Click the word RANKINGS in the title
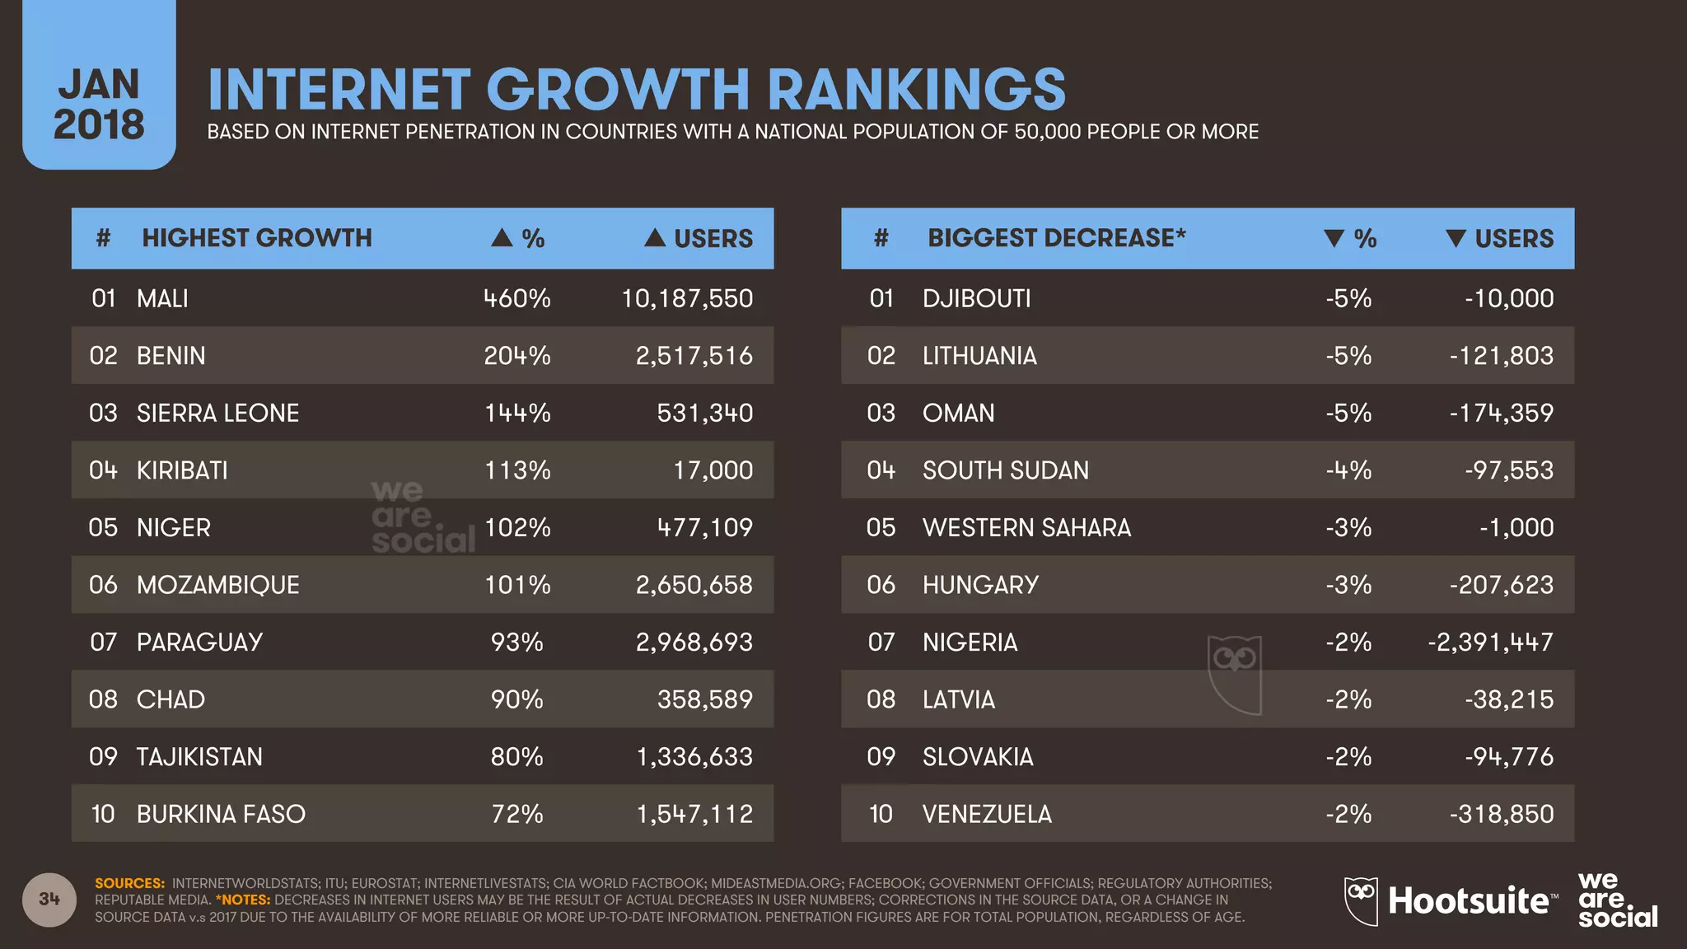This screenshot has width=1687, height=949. click(916, 90)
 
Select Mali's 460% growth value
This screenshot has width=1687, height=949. click(516, 298)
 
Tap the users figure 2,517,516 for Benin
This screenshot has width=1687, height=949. click(694, 356)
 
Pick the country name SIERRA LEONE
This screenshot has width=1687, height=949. click(217, 413)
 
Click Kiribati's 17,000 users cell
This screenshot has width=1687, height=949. click(713, 470)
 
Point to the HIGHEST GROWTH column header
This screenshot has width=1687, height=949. click(256, 238)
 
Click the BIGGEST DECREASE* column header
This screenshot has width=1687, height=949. click(1056, 238)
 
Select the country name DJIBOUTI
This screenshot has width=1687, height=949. click(976, 298)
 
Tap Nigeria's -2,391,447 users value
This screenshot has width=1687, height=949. click(1490, 642)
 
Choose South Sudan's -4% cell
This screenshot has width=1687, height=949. click(1348, 470)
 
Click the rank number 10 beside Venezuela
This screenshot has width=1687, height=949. click(881, 814)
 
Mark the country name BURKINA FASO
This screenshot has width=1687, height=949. click(221, 814)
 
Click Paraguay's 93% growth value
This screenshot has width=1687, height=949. click(516, 642)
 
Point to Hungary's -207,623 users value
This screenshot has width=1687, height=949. click(1501, 585)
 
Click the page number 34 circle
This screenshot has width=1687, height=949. click(49, 899)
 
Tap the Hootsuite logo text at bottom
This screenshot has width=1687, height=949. click(1468, 900)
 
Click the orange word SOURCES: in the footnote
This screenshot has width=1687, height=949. click(129, 883)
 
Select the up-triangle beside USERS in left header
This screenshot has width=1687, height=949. click(655, 238)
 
